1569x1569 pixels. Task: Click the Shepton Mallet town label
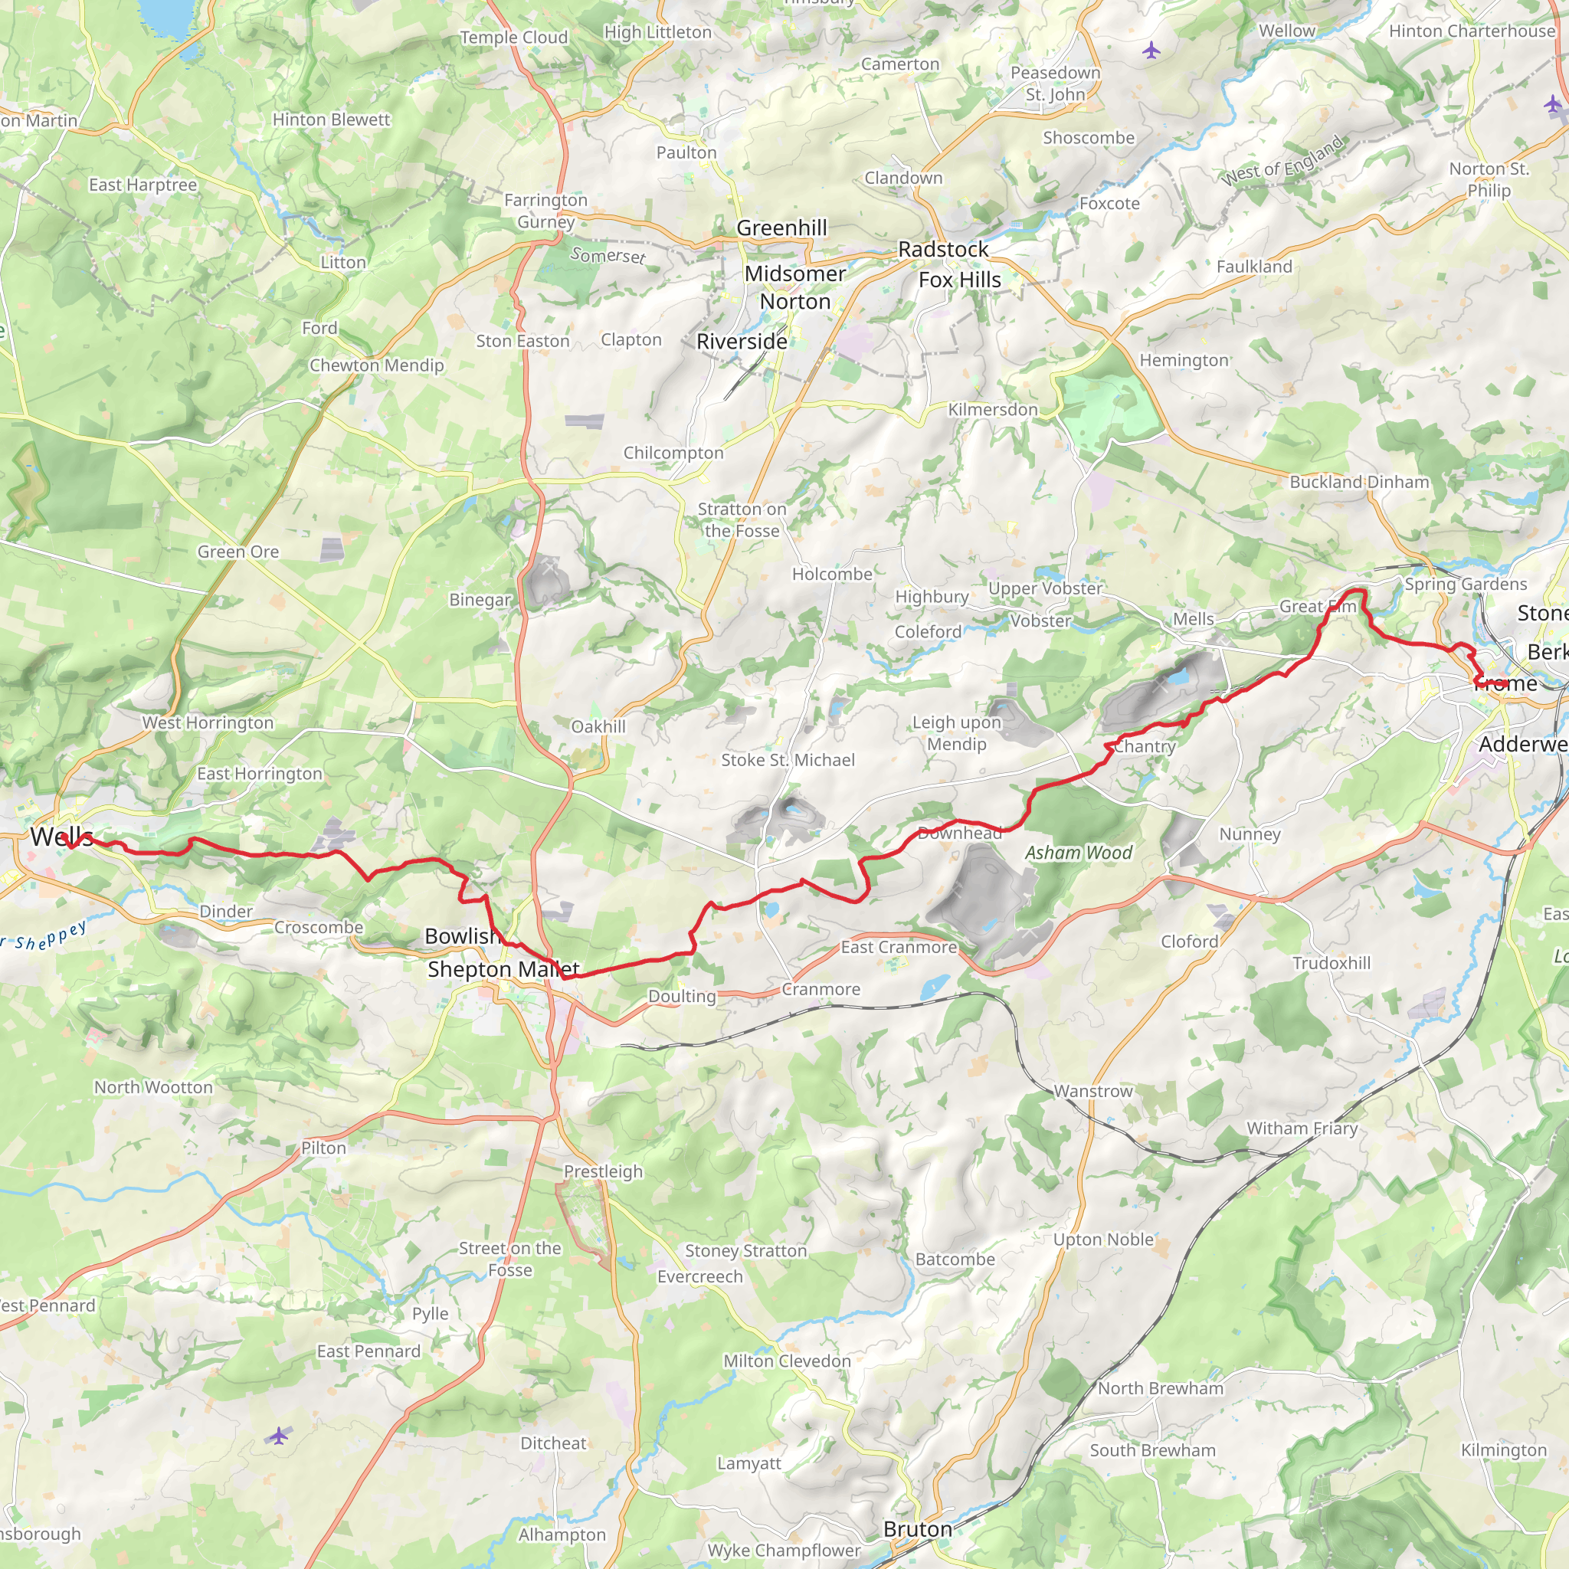click(x=503, y=969)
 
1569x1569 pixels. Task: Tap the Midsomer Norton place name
click(x=795, y=287)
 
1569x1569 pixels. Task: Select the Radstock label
click(x=943, y=249)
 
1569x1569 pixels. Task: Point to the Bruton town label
click(x=918, y=1529)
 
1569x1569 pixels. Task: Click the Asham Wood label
click(x=1078, y=853)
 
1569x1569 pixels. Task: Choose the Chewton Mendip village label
click(x=377, y=365)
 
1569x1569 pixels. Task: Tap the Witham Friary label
click(x=1302, y=1128)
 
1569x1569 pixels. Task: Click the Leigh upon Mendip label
click(x=957, y=733)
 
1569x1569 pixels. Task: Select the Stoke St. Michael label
click(x=788, y=760)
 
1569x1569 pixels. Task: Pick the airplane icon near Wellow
click(x=1151, y=51)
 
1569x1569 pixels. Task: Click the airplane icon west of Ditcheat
click(x=279, y=1436)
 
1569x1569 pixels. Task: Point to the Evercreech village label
click(x=699, y=1276)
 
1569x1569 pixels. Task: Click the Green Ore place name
click(x=238, y=552)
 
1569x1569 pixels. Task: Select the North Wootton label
click(x=153, y=1087)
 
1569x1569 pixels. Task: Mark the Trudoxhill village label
click(x=1331, y=963)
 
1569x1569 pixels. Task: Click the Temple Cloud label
click(x=513, y=38)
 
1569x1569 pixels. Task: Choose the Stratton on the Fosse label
click(x=742, y=519)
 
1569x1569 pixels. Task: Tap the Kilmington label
click(x=1503, y=1450)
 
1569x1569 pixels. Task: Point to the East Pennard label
click(x=369, y=1351)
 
